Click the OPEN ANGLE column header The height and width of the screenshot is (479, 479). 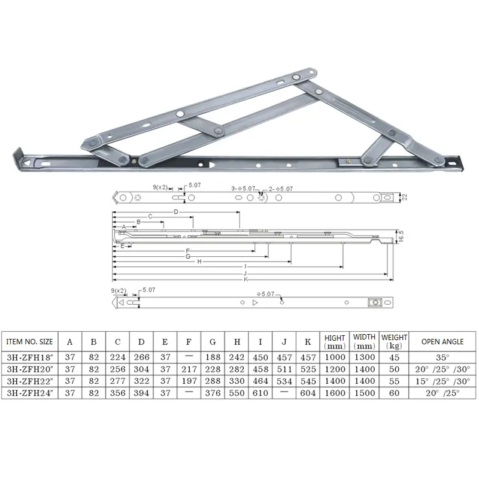(x=442, y=341)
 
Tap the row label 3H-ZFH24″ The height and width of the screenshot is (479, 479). (x=30, y=393)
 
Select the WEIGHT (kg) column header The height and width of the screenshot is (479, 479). (x=394, y=341)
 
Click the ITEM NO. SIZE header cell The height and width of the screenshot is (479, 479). (x=30, y=341)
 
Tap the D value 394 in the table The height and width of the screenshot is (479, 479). (x=141, y=393)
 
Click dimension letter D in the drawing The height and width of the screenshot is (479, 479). (x=176, y=213)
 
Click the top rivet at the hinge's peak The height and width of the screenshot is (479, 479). (x=297, y=77)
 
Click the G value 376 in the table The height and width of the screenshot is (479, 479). (x=213, y=393)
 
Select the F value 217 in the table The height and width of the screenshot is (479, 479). (x=189, y=369)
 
